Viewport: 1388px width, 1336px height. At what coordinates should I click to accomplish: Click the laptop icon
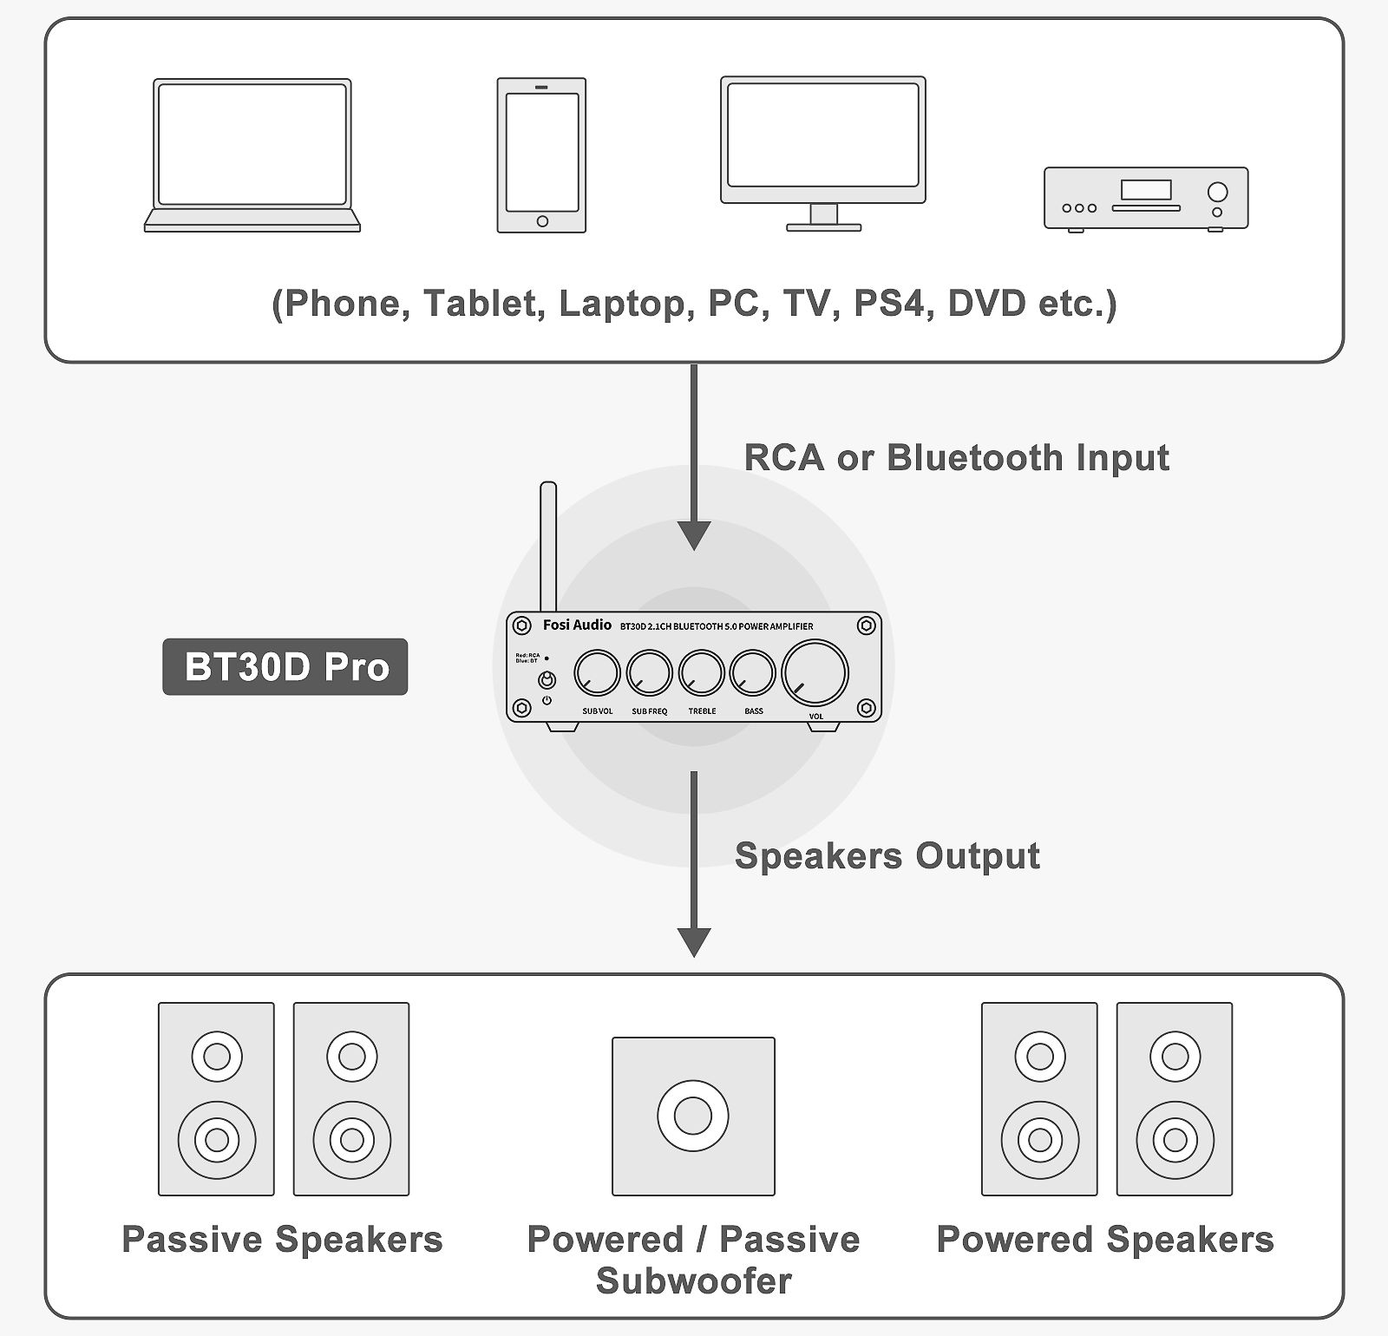(252, 154)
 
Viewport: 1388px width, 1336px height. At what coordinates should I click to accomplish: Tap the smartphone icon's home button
(542, 221)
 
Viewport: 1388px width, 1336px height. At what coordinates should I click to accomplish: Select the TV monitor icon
(822, 152)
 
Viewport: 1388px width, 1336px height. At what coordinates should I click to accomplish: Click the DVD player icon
(1145, 199)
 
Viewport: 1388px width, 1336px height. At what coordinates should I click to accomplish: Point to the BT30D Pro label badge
(285, 666)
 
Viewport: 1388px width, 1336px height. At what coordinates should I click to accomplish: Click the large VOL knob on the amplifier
(815, 672)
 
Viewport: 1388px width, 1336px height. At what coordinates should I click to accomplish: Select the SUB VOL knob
(597, 672)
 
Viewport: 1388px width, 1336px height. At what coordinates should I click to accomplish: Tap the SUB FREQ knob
(649, 672)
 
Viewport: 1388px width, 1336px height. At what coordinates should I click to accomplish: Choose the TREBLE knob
(701, 672)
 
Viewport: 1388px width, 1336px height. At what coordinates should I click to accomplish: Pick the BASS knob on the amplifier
(752, 672)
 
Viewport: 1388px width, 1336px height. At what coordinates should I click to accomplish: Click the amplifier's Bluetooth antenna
(548, 547)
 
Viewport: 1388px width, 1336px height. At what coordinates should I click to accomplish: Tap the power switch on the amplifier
(547, 679)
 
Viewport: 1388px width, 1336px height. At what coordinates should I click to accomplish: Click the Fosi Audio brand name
(577, 625)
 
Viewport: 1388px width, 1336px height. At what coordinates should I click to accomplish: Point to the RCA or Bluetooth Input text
(956, 457)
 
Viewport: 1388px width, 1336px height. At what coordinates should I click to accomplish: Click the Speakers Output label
(887, 855)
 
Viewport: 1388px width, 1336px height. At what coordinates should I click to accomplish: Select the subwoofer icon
(693, 1116)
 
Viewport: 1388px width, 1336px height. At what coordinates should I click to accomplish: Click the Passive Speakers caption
(282, 1239)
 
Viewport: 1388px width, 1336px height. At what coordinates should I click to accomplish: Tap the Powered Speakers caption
(1105, 1239)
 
